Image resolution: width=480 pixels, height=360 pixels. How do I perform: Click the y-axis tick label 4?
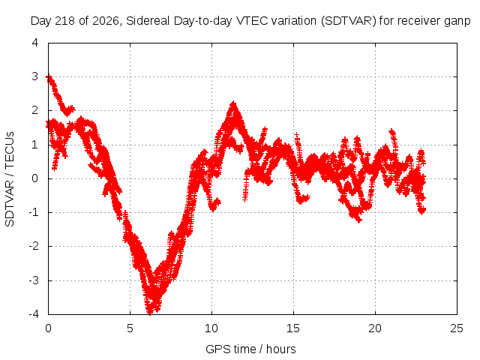tap(35, 43)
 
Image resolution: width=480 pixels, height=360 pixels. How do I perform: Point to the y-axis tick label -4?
tap(34, 313)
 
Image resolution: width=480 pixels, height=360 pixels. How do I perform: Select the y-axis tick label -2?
tap(34, 246)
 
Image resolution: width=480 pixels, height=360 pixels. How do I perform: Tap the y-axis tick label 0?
tap(35, 178)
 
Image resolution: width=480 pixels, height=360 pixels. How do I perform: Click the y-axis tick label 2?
tap(35, 110)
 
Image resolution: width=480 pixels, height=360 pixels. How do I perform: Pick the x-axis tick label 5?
tap(130, 328)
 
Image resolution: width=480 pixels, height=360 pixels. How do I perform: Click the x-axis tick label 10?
tap(211, 328)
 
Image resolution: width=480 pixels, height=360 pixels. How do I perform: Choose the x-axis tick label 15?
tap(293, 328)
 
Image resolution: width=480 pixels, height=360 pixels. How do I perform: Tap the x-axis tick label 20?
tap(375, 328)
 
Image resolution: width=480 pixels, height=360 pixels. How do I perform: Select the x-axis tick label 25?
tap(457, 328)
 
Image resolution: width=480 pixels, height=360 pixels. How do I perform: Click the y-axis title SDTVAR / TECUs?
tap(10, 179)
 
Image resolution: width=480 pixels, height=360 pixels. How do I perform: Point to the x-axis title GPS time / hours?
tap(250, 349)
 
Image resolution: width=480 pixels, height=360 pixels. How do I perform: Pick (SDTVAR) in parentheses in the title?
tap(348, 21)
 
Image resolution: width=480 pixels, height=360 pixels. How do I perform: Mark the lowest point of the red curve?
tap(150, 313)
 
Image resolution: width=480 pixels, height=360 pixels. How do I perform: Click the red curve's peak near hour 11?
tap(233, 103)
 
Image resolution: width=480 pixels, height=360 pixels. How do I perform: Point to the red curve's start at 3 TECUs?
tap(48, 77)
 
